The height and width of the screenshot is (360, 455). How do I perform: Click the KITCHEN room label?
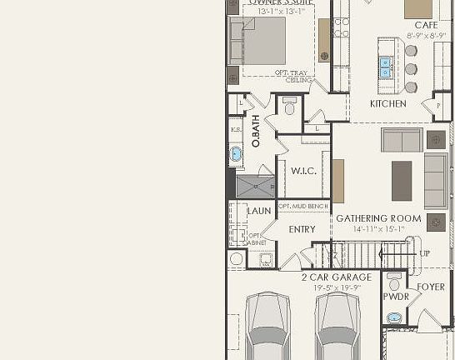(388, 104)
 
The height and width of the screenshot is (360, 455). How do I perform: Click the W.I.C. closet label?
(302, 170)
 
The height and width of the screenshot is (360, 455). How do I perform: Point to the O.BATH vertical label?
(256, 132)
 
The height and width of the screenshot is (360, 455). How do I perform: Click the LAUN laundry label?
(259, 211)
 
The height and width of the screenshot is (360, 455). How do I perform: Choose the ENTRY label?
(302, 229)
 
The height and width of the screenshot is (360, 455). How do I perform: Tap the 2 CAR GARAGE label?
(336, 277)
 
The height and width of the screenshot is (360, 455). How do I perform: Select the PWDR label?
(395, 297)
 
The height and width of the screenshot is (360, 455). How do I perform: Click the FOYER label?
(431, 287)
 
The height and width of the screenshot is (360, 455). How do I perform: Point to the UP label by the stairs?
(425, 253)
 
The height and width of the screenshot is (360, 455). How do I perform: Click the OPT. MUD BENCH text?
(302, 206)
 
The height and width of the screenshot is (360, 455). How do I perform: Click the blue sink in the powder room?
(394, 318)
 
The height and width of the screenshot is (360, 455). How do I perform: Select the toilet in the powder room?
(394, 282)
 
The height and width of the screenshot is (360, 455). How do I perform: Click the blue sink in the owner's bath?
(236, 153)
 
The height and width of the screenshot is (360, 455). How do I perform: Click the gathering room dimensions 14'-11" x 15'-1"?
(377, 229)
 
